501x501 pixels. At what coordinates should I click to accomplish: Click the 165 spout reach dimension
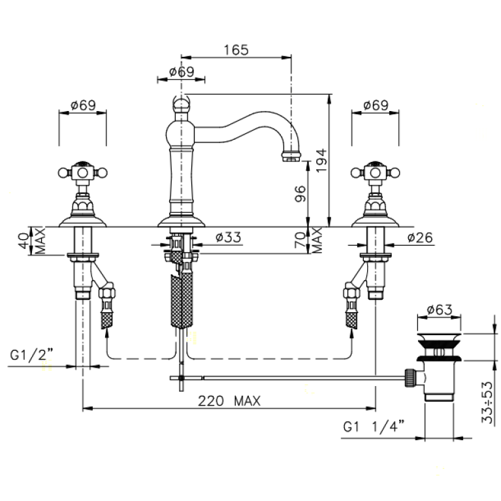[236, 50]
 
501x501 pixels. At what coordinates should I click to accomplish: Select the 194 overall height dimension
[321, 161]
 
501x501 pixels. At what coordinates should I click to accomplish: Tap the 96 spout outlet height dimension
[300, 193]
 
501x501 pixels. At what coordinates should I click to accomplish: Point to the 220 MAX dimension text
[229, 400]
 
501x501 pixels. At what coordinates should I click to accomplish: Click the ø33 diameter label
[228, 237]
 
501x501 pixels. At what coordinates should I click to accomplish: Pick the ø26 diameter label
[420, 237]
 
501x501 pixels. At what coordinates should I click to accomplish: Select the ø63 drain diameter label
[440, 310]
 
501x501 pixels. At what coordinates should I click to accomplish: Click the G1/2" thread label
[31, 354]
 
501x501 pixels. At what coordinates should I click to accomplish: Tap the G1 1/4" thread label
[374, 427]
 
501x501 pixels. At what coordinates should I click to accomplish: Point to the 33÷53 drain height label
[487, 402]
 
